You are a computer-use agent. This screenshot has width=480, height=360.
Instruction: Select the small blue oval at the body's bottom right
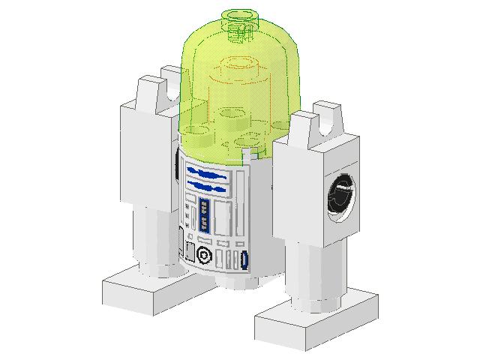245,260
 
